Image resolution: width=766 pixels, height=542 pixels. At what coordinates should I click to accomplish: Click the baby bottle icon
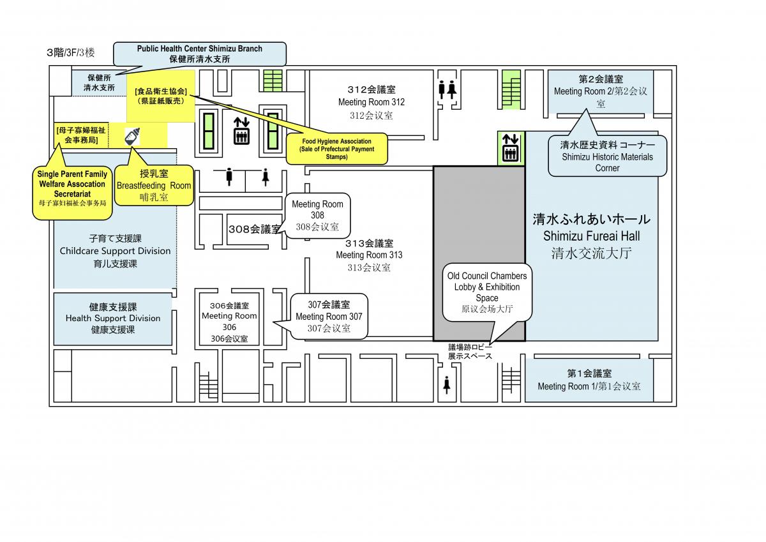[x=132, y=137]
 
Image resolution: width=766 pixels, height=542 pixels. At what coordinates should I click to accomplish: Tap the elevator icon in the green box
[x=511, y=147]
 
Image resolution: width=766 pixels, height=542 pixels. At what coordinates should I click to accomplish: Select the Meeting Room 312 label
[x=372, y=102]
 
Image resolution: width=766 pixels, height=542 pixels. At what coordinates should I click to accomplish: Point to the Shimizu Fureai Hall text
[x=591, y=236]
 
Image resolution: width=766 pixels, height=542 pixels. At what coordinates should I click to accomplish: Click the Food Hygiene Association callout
[x=337, y=149]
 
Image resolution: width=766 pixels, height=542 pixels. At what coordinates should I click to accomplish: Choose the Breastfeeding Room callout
[x=154, y=185]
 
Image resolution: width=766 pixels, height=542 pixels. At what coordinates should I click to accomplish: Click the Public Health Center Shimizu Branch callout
[x=200, y=54]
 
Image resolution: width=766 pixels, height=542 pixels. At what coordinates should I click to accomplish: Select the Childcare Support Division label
[x=116, y=251]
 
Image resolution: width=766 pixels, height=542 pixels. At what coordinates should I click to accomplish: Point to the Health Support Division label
[x=113, y=318]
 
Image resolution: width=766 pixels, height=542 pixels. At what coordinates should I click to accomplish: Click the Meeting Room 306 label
[x=229, y=322]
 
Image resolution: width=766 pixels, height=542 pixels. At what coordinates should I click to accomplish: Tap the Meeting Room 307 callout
[x=329, y=316]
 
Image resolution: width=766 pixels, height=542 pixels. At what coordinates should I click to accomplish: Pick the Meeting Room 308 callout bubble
[x=317, y=215]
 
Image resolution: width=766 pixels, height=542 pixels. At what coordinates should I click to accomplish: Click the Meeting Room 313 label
[x=369, y=255]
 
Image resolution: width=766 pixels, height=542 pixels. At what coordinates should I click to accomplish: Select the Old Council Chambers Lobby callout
[x=487, y=292]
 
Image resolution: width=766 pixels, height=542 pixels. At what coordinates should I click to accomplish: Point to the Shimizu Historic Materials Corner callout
[x=607, y=156]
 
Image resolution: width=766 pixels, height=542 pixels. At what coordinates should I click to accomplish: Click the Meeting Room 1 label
[x=589, y=380]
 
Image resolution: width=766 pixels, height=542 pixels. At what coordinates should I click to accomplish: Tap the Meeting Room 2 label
[x=601, y=91]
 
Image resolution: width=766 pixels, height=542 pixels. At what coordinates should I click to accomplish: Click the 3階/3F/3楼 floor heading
[x=70, y=52]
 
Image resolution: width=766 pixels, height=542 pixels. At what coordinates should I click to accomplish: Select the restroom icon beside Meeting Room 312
[x=447, y=89]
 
